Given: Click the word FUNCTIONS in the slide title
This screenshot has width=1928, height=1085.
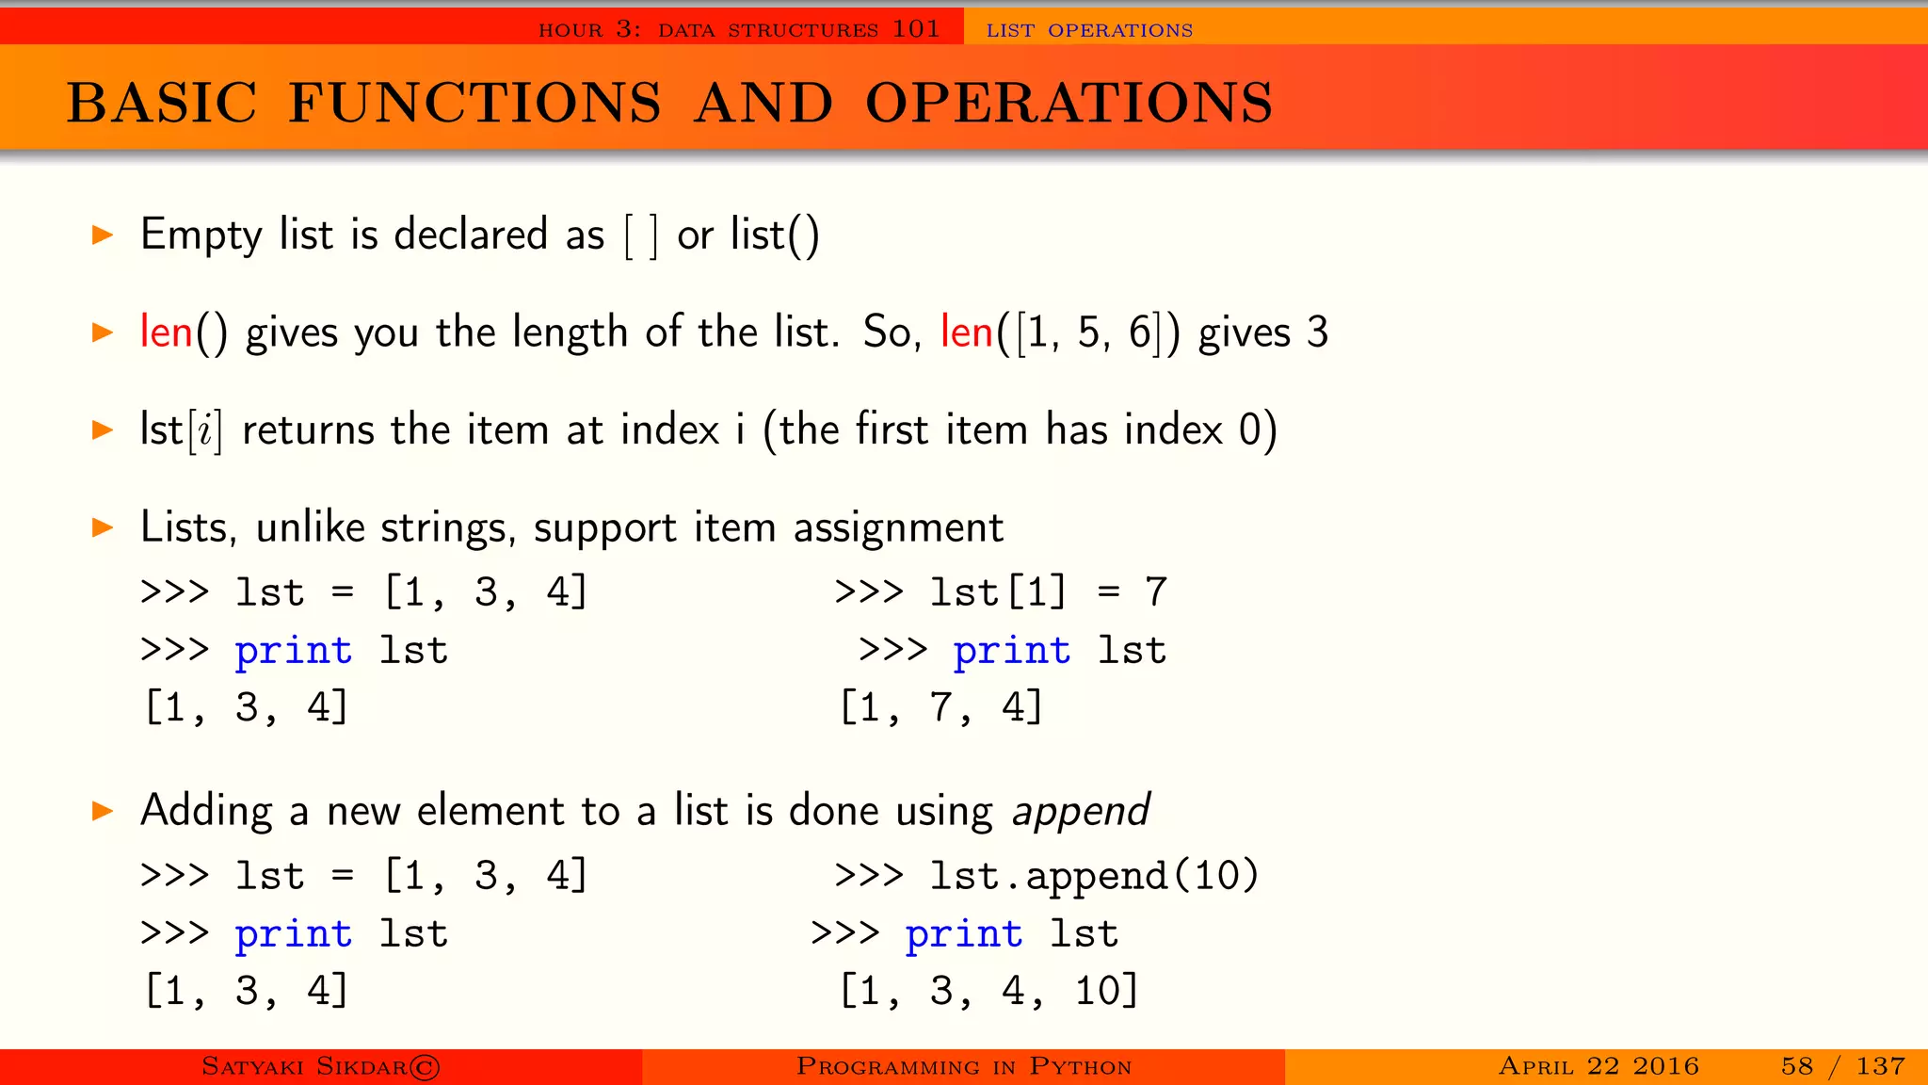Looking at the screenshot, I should [x=474, y=103].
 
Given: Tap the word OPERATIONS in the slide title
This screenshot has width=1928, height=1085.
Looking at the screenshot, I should [x=1068, y=103].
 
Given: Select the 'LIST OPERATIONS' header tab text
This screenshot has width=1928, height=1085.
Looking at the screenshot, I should [x=1089, y=30].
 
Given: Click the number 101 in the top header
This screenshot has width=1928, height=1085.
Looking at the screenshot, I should [x=916, y=29].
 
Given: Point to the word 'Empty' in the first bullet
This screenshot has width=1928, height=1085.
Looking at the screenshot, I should [x=201, y=235].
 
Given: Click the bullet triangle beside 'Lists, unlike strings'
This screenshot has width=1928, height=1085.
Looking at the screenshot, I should [x=103, y=527].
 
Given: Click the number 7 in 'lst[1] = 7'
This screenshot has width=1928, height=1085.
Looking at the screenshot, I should [x=1156, y=592].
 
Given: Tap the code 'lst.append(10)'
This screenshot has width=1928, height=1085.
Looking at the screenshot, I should [x=1094, y=877].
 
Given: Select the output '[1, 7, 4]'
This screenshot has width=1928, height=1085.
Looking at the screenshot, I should [x=941, y=707].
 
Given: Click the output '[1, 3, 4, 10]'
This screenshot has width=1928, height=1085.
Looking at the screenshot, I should [x=988, y=991].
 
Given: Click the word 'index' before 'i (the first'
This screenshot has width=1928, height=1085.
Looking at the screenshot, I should [x=670, y=430].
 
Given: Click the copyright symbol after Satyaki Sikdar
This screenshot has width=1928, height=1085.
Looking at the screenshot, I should [x=425, y=1067].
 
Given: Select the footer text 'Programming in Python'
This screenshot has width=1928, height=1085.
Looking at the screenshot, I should [x=963, y=1067].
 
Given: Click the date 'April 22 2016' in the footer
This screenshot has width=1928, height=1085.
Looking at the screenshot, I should [x=1599, y=1066].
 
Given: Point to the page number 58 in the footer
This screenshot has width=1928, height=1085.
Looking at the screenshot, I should [x=1796, y=1066].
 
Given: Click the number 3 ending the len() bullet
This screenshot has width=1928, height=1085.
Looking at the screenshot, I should [x=1317, y=332].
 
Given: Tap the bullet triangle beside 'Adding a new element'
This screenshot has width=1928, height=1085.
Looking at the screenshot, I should [x=103, y=811].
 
